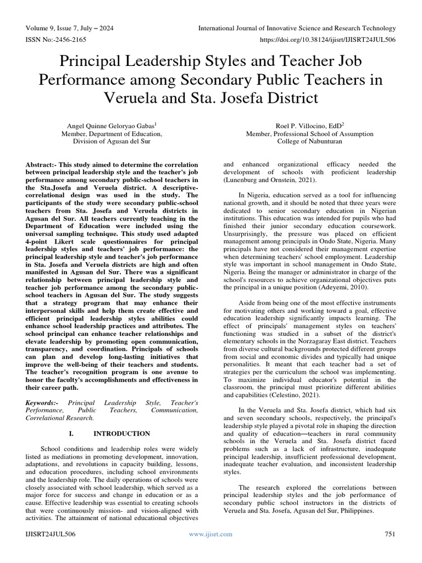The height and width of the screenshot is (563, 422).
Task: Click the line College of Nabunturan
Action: (x=309, y=141)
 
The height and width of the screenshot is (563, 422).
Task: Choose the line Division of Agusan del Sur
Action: (x=112, y=141)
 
